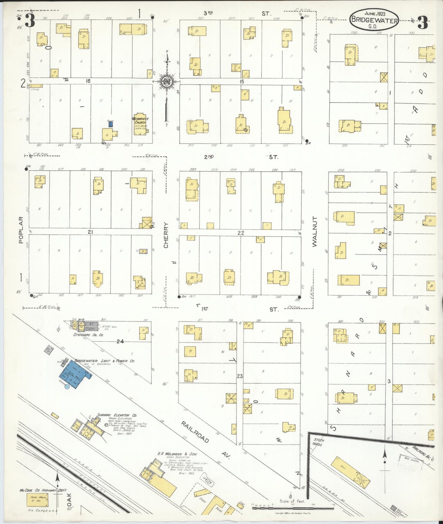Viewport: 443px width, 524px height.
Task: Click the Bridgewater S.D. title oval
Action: click(374, 19)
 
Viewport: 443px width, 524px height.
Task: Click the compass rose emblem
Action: click(167, 82)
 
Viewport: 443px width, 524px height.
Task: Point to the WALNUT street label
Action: click(315, 231)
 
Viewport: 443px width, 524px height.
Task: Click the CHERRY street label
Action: click(166, 235)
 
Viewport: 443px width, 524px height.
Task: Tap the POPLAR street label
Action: click(21, 230)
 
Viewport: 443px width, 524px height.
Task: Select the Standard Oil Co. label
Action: click(88, 335)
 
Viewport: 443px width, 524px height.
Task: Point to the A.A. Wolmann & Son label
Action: click(177, 454)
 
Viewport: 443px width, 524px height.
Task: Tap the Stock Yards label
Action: click(319, 442)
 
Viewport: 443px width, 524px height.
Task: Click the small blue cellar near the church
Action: click(111, 124)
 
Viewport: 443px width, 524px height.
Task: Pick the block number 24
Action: click(120, 341)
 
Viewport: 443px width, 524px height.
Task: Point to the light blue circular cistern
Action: click(67, 386)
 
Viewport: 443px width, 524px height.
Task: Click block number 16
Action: click(88, 81)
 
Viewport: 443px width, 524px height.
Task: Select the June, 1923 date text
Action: click(375, 13)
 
